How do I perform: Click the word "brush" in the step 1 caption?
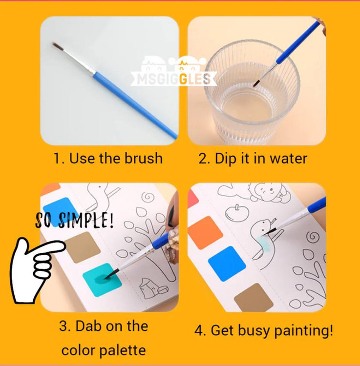coord(143,158)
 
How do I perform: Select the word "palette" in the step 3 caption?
coord(123,350)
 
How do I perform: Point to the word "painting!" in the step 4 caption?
coord(303,331)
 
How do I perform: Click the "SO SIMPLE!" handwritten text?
coord(74,220)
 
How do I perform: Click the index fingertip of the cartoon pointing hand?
coord(62,246)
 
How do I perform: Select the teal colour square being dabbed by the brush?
coord(102,280)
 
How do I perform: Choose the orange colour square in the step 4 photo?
coord(205,232)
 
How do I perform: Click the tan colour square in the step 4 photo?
coord(254,297)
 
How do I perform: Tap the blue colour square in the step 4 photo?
coord(227,264)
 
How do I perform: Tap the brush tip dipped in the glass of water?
coord(256,83)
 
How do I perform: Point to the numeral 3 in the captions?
coord(63,325)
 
